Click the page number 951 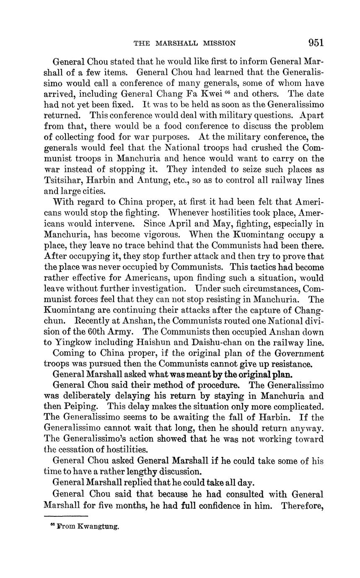pos(316,42)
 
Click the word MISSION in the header pos(220,43)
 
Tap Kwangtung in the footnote pos(98,527)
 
